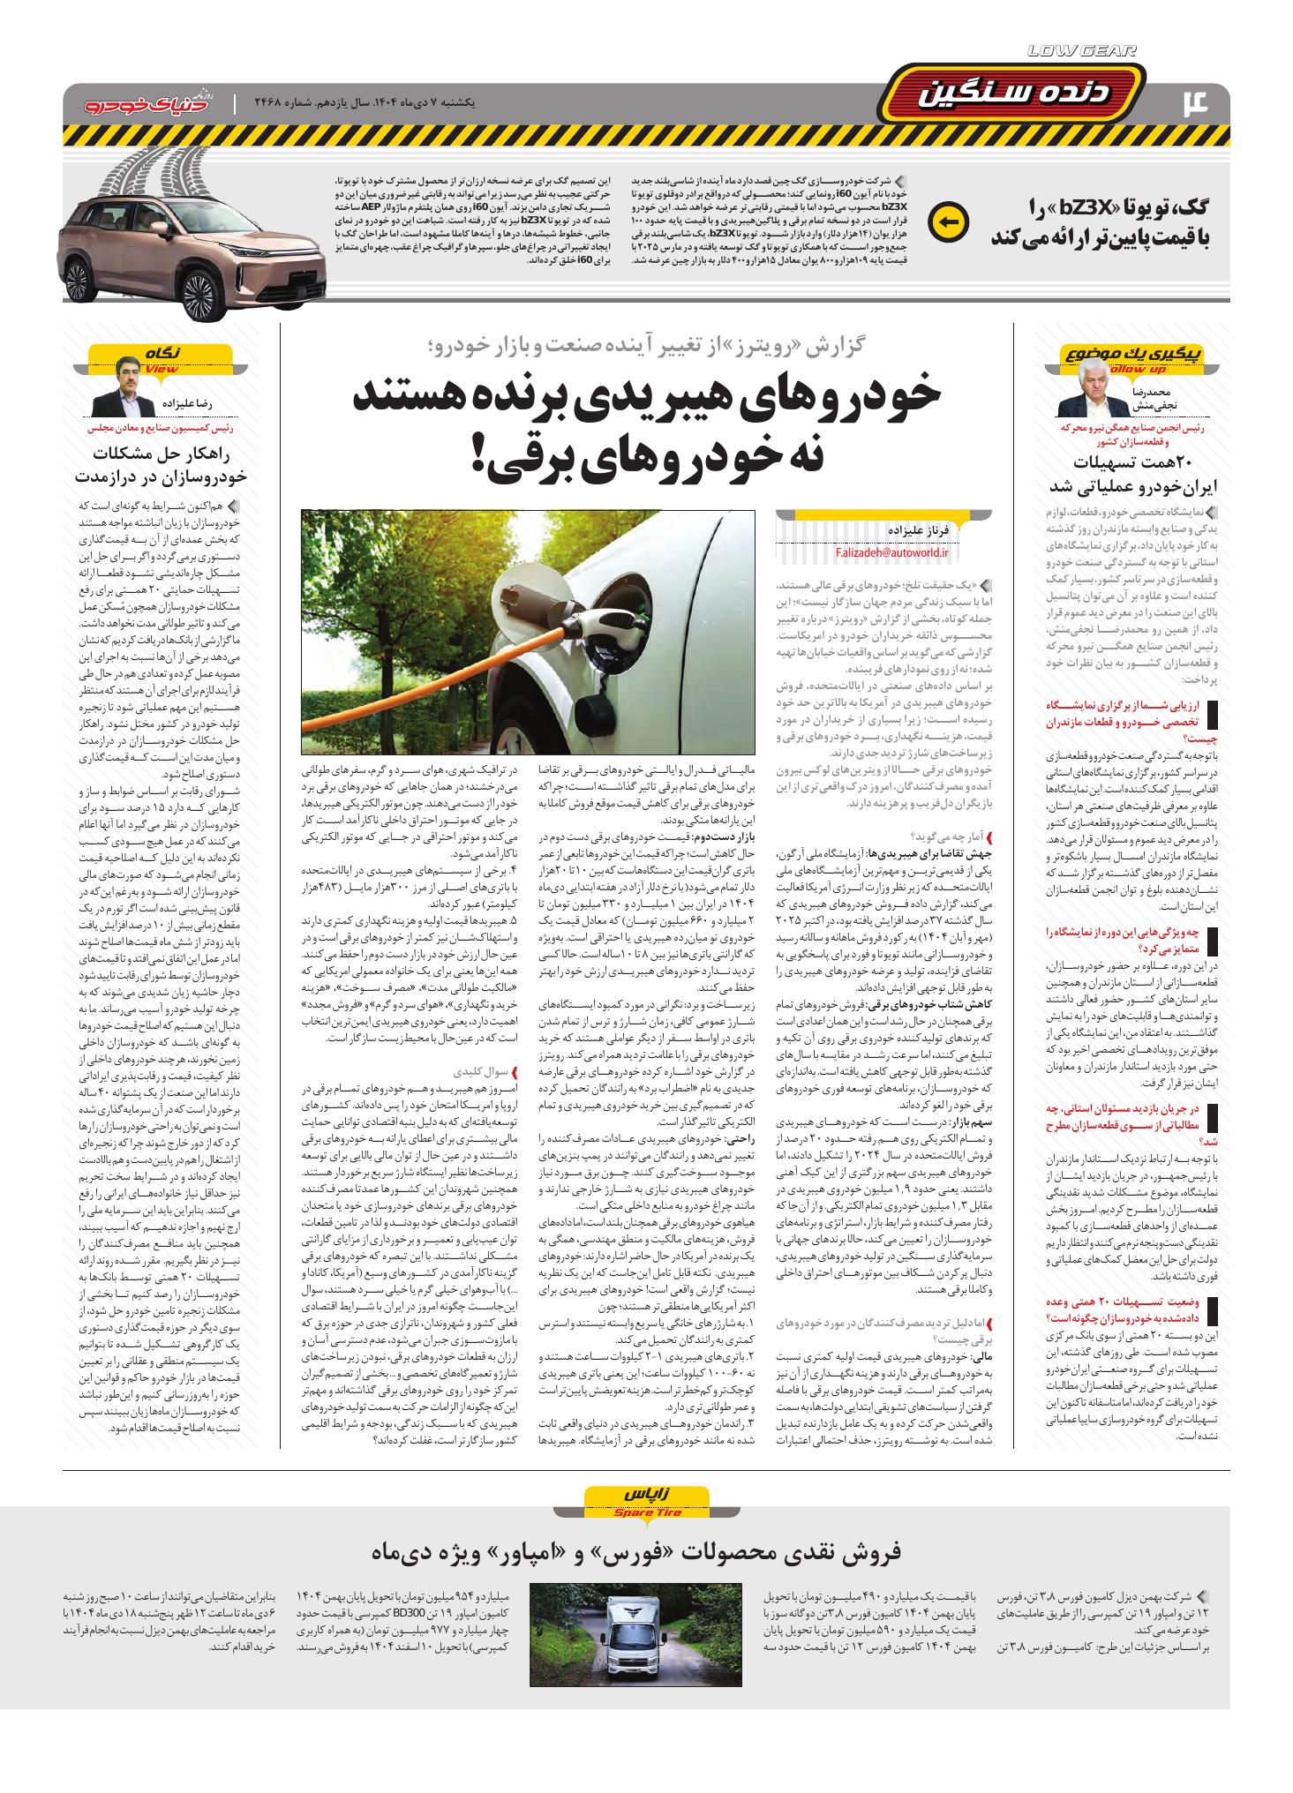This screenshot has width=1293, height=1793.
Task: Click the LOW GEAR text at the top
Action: coord(1083,52)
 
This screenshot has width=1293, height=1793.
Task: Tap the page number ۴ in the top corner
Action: coord(1205,102)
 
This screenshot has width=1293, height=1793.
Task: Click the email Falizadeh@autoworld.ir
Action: coord(893,552)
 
